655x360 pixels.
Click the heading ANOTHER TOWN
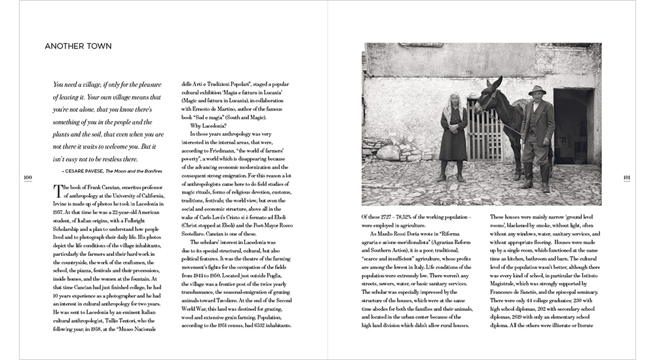(x=78, y=46)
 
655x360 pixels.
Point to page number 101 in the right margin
(x=627, y=177)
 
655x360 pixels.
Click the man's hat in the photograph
(x=538, y=90)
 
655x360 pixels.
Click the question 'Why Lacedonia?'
(x=210, y=125)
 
